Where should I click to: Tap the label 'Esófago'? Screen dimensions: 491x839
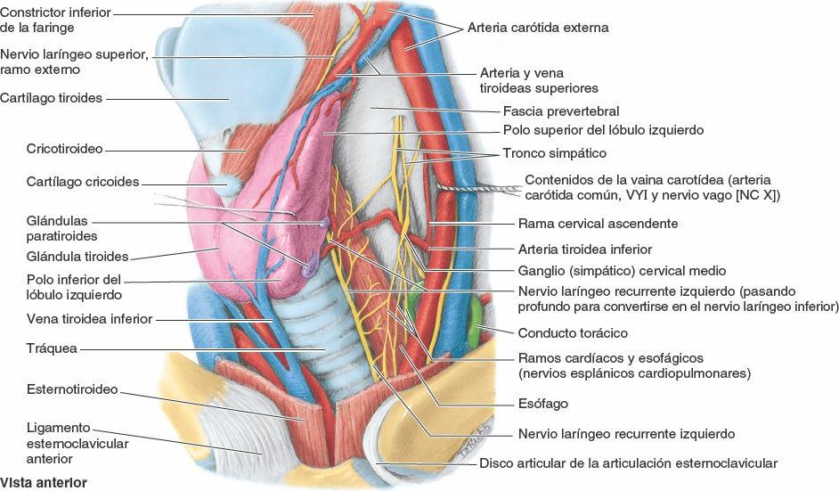coord(542,404)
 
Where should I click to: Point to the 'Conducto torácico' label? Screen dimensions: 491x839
coord(573,332)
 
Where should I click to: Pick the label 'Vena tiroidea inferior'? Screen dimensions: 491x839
coord(76,318)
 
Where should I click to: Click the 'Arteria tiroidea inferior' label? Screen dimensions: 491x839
coord(585,250)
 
